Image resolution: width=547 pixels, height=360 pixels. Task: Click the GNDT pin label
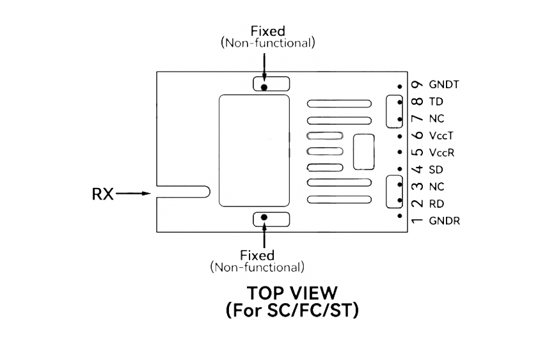coord(444,84)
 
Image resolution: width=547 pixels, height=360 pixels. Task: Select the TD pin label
coord(436,102)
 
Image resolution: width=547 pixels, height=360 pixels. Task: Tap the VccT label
coord(441,136)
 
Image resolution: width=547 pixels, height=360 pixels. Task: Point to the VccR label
coord(441,152)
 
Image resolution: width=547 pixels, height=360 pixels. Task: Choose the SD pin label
coord(436,169)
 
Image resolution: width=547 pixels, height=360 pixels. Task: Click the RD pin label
coord(437,204)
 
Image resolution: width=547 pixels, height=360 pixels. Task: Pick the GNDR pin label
coord(445,221)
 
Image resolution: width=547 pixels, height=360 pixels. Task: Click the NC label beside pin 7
coord(437,118)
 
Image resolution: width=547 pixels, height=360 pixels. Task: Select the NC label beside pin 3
coord(437,187)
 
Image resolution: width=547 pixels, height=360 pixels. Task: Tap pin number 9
coord(417,84)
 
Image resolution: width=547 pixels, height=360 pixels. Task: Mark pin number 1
coord(417,221)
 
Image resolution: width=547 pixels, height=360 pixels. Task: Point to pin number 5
coord(417,152)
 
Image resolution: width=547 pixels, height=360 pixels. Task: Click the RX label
coord(102,194)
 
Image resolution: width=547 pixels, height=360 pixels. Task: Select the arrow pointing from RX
coord(133,193)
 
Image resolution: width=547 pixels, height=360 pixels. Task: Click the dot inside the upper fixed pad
coord(264,87)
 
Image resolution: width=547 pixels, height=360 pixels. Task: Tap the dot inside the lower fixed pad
coord(264,217)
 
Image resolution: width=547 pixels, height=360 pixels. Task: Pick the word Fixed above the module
coord(268,31)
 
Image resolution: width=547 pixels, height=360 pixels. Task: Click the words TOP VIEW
coord(292,293)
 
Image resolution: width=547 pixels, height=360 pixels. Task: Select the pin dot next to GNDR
coord(400,216)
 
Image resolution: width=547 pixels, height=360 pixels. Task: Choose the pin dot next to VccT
coord(400,136)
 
